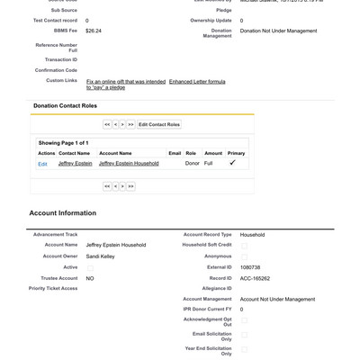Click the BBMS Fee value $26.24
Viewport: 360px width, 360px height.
click(94, 31)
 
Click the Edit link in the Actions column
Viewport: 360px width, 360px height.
click(42, 164)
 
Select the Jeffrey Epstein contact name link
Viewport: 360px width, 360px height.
click(74, 164)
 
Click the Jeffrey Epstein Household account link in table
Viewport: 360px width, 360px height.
click(129, 164)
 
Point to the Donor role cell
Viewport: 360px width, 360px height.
click(193, 164)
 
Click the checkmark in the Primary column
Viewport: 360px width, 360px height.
click(232, 163)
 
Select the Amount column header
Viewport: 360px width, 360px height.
click(213, 153)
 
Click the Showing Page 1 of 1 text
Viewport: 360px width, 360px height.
click(63, 142)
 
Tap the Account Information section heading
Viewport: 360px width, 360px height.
click(62, 213)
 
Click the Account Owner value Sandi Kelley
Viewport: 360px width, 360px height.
click(100, 256)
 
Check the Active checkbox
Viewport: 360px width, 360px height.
click(90, 267)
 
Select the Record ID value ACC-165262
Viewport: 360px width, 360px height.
click(256, 278)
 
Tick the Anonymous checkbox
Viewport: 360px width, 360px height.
click(244, 256)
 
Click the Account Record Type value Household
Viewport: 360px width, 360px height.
click(252, 235)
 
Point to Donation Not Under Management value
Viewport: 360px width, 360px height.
click(278, 31)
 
